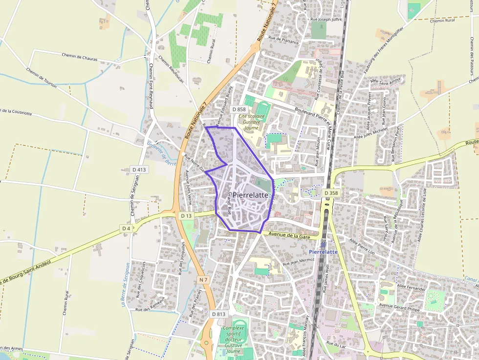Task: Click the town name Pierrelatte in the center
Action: [x=251, y=194]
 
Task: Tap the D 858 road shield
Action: [x=239, y=109]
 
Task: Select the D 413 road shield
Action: [x=139, y=169]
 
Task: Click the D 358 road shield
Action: [x=331, y=193]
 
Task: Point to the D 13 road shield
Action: [x=186, y=215]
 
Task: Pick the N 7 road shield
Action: [x=204, y=279]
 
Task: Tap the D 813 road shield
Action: [x=219, y=314]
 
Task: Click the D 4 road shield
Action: [x=126, y=228]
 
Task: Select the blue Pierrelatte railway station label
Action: [x=324, y=252]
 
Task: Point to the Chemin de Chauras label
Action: [x=80, y=57]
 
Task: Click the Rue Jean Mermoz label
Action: [x=295, y=262]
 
